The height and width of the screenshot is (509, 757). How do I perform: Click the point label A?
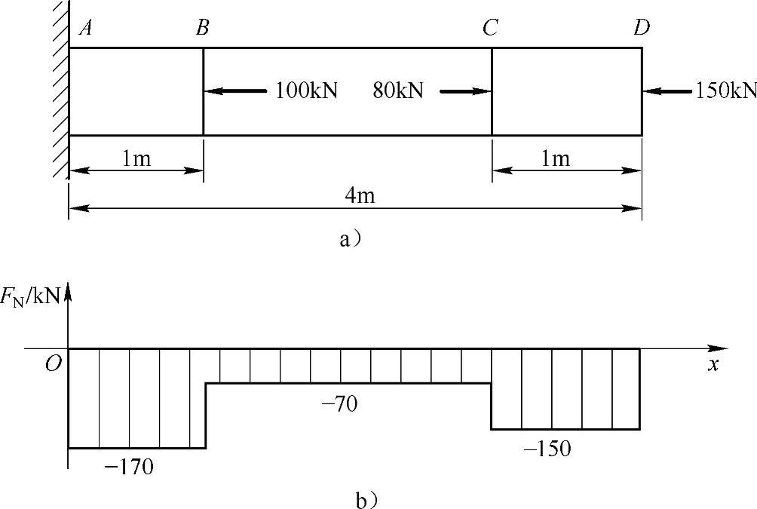coord(86,28)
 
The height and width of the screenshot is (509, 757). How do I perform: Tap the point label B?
coord(203,28)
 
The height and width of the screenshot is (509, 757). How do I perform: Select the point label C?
coord(490,28)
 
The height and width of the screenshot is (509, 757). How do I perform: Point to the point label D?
coord(642,28)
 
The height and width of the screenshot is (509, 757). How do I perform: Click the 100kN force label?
coord(306,90)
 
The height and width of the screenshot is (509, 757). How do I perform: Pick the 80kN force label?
coord(398,90)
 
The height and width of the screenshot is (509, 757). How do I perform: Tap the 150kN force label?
coord(725,90)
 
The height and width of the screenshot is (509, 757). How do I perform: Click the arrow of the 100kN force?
coord(235,90)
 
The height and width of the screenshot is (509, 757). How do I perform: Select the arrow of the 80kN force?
coord(465,90)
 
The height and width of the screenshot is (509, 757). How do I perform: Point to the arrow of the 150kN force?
coord(667,90)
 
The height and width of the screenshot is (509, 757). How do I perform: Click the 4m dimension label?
coord(360,195)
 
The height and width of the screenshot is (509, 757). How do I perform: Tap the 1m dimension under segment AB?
coord(136,158)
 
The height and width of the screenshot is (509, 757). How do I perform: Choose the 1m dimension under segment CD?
coord(555,158)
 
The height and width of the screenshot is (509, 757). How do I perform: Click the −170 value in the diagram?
coord(129,467)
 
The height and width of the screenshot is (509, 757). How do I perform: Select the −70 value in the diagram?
coord(340,403)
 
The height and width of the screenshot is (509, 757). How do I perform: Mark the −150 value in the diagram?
coord(547,449)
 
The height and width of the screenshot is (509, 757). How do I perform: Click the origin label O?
coord(53,363)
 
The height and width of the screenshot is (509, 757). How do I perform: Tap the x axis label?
coord(713,365)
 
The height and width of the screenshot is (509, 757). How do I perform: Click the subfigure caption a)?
coord(351,239)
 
